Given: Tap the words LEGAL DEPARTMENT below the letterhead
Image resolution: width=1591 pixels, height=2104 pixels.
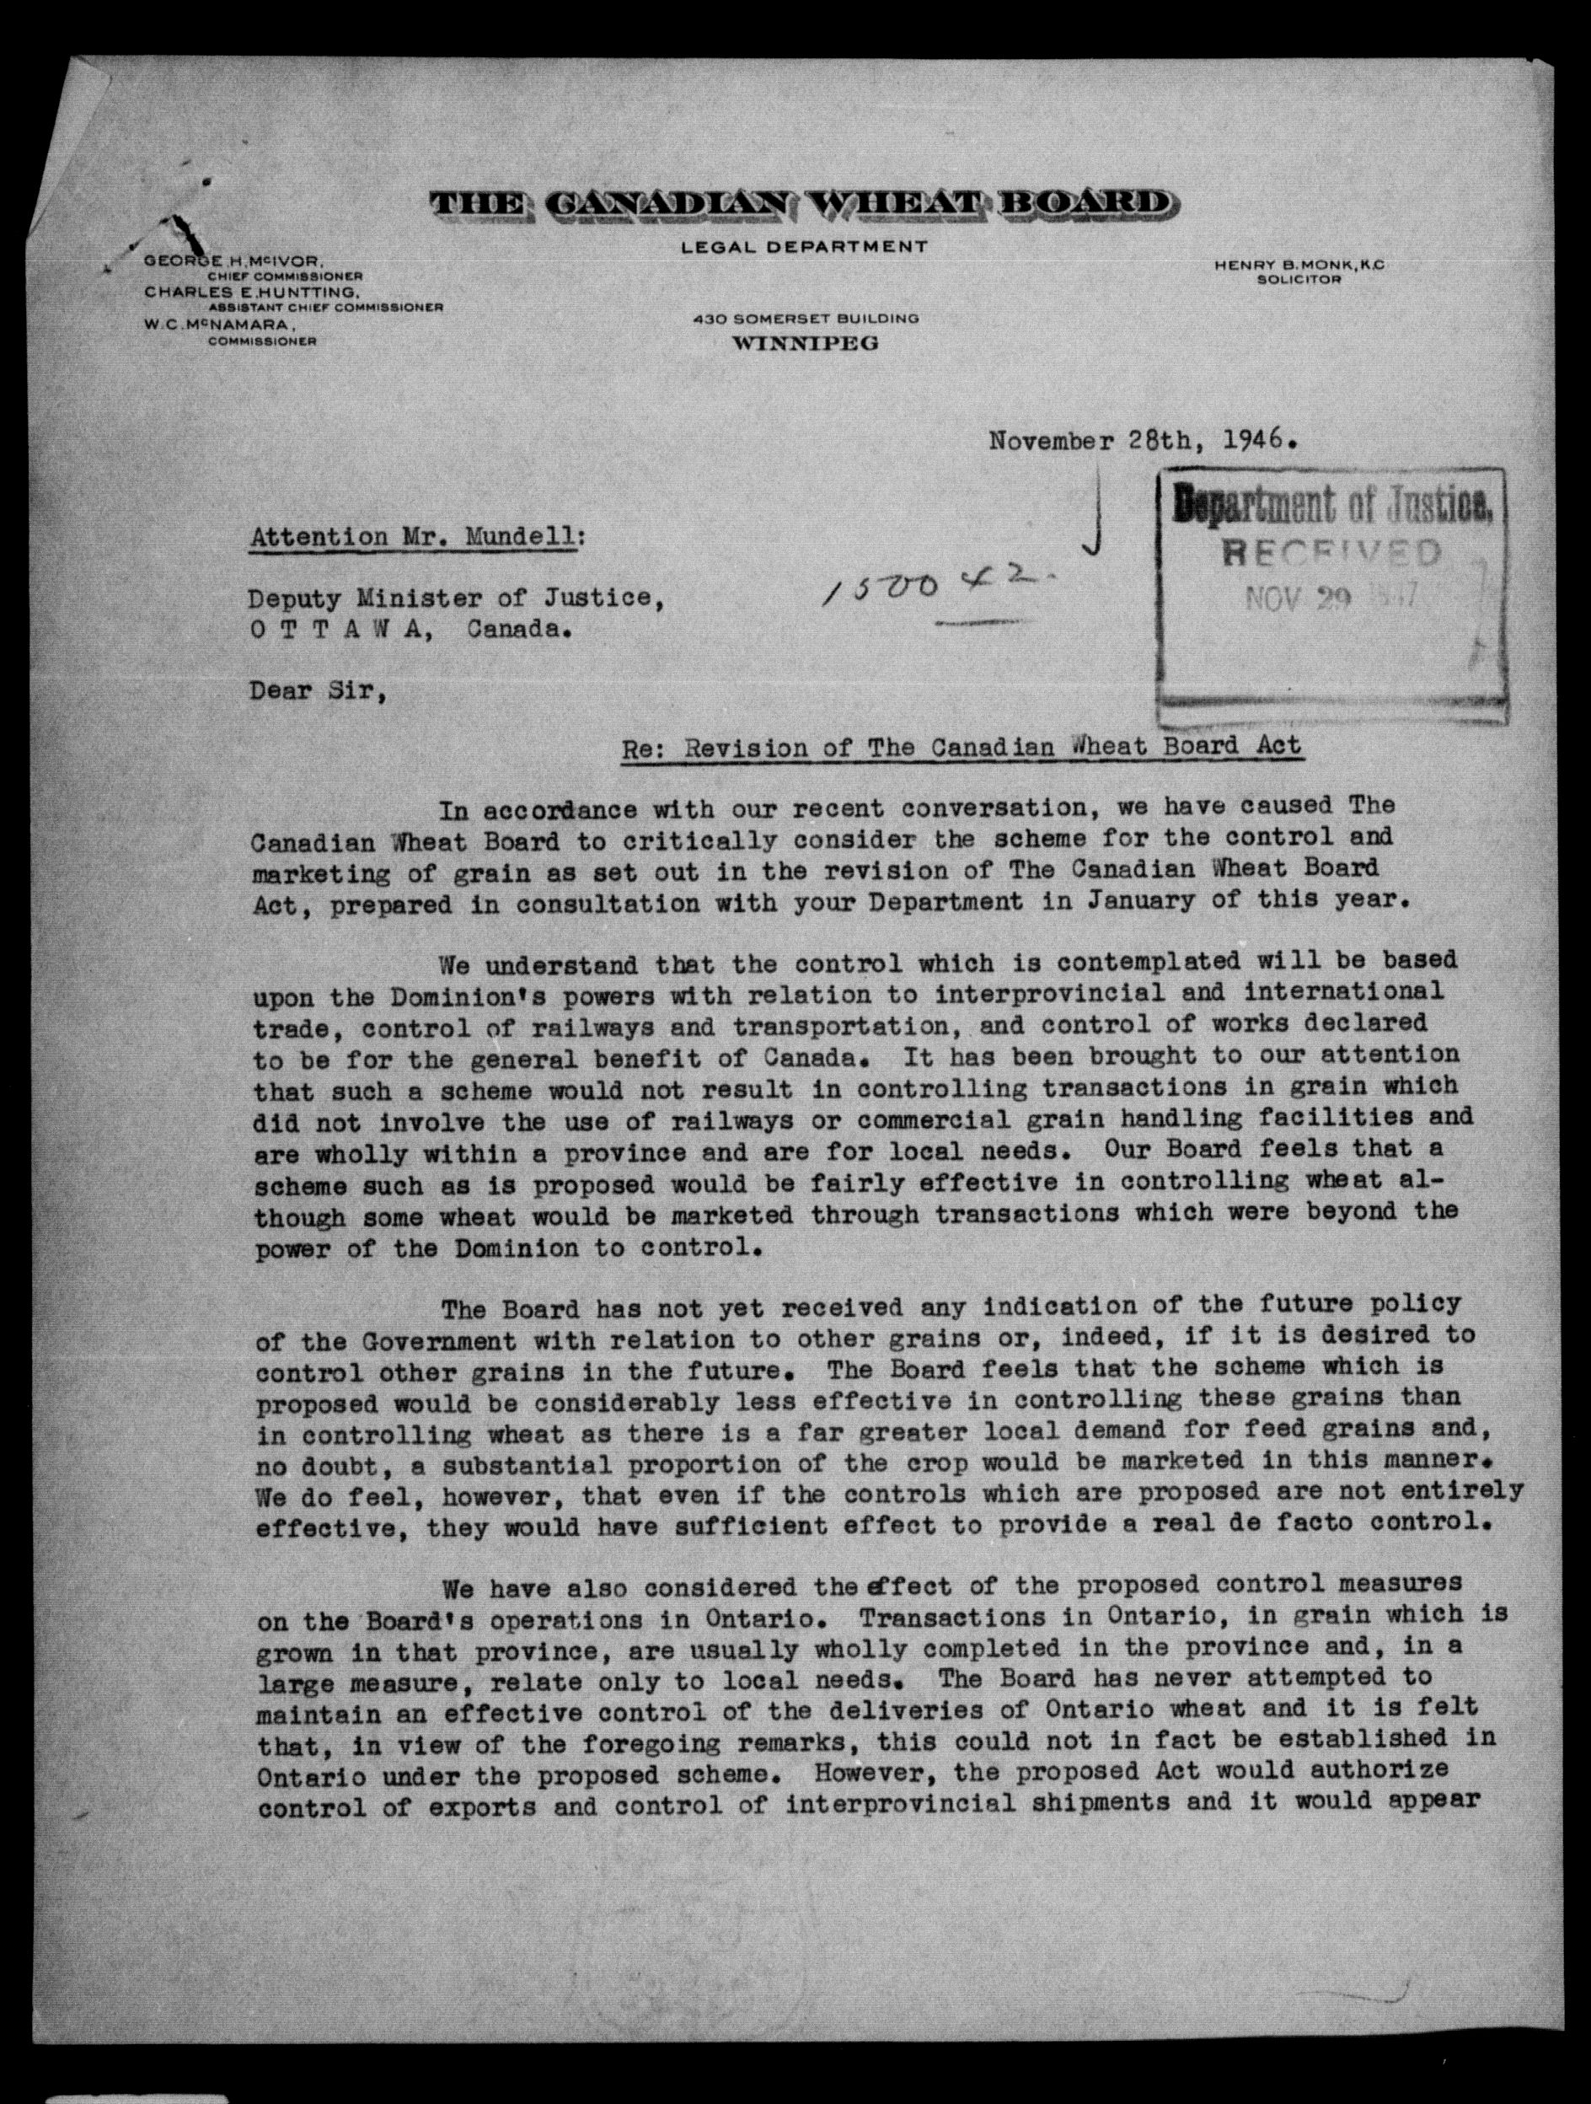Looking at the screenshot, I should point(804,246).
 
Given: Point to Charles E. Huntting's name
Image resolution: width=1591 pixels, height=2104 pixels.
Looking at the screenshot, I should point(252,292).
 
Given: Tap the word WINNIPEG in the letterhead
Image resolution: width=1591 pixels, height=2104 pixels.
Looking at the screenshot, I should point(805,343).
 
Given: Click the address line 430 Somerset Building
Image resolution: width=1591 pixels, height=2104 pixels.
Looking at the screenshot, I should point(806,319).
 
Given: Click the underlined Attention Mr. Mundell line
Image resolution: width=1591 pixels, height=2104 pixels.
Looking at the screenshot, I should point(417,538).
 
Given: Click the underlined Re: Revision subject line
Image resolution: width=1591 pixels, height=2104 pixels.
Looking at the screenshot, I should point(961,747).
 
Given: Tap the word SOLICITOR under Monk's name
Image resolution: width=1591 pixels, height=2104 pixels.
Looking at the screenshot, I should point(1298,280).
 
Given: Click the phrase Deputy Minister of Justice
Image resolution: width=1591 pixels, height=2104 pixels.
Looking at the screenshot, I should point(451,598).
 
